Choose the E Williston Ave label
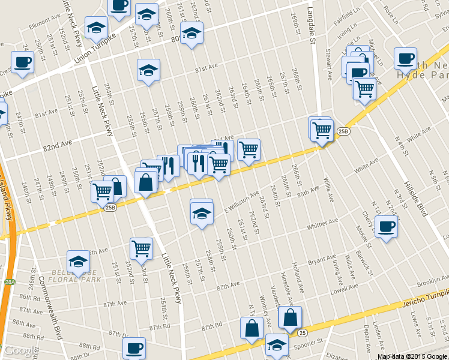click(242, 200)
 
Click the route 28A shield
click(8, 281)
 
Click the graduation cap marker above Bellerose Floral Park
click(77, 262)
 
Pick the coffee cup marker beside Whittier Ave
click(386, 227)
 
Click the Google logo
click(19, 351)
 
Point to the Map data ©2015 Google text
click(412, 356)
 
